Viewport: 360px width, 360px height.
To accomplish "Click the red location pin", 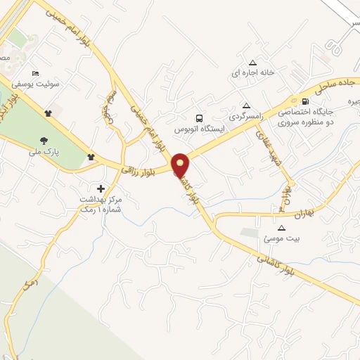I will (x=181, y=165).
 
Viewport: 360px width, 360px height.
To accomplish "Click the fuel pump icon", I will (x=304, y=101).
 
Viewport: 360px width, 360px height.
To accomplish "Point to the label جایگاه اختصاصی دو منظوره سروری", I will (x=307, y=117).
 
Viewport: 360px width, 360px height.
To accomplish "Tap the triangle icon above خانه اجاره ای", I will (x=252, y=62).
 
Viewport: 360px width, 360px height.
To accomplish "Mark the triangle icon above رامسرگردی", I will (x=245, y=103).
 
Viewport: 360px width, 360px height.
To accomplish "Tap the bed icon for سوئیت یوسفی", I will (x=37, y=73).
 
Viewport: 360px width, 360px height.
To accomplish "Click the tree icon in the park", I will (x=44, y=140).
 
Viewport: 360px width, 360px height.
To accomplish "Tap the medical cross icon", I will (x=101, y=188).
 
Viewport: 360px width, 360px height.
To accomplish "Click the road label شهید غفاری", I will (x=269, y=146).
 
